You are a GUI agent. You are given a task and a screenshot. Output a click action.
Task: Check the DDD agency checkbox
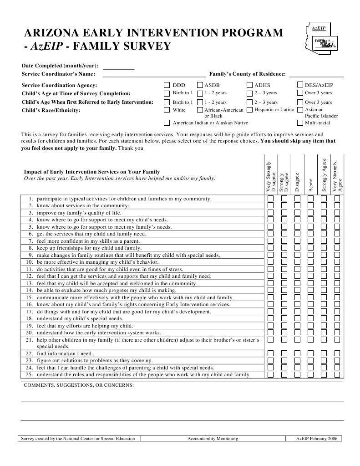point(167,85)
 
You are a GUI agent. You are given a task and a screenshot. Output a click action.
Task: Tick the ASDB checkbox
point(200,85)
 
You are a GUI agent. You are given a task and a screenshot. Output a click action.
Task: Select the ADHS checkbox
point(249,85)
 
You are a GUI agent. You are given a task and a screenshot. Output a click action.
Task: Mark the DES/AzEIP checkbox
point(300,85)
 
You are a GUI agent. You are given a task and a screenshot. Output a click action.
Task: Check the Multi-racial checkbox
point(300,123)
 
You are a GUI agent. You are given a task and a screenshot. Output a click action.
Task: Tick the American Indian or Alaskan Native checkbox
point(167,123)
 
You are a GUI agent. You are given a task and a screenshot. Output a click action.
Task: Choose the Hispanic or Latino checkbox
point(249,110)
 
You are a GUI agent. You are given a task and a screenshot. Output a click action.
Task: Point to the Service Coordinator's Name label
point(58,74)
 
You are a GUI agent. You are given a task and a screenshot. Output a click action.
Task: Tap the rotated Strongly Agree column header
point(324,175)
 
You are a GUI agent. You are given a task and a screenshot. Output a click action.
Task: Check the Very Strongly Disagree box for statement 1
point(270,199)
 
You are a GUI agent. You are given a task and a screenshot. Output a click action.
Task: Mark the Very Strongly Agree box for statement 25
point(337,374)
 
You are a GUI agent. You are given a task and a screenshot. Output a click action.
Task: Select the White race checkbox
point(167,110)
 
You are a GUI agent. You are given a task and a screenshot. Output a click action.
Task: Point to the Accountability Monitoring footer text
point(213,439)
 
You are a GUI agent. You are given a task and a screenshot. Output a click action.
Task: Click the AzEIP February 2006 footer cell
point(316,439)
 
